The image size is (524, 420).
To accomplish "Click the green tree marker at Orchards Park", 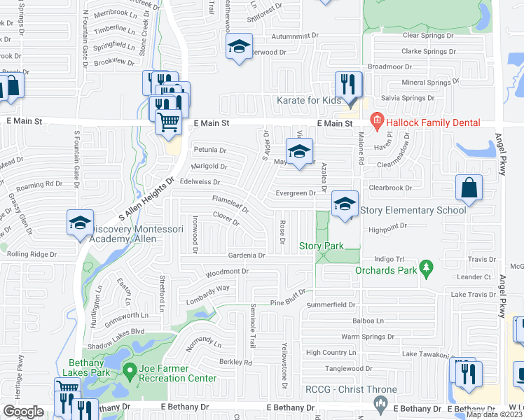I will click(425, 267).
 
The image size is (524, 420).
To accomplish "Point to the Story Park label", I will click(322, 246).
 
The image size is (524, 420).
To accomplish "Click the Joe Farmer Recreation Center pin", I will click(128, 369).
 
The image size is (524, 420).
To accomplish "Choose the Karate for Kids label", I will click(309, 101).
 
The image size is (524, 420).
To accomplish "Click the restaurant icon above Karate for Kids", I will click(348, 85).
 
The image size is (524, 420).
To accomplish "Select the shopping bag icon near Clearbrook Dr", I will click(469, 188).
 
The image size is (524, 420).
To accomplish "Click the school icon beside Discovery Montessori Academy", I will click(80, 223).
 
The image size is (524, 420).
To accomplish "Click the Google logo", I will click(23, 412).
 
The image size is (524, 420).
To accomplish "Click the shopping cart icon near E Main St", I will click(168, 122).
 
